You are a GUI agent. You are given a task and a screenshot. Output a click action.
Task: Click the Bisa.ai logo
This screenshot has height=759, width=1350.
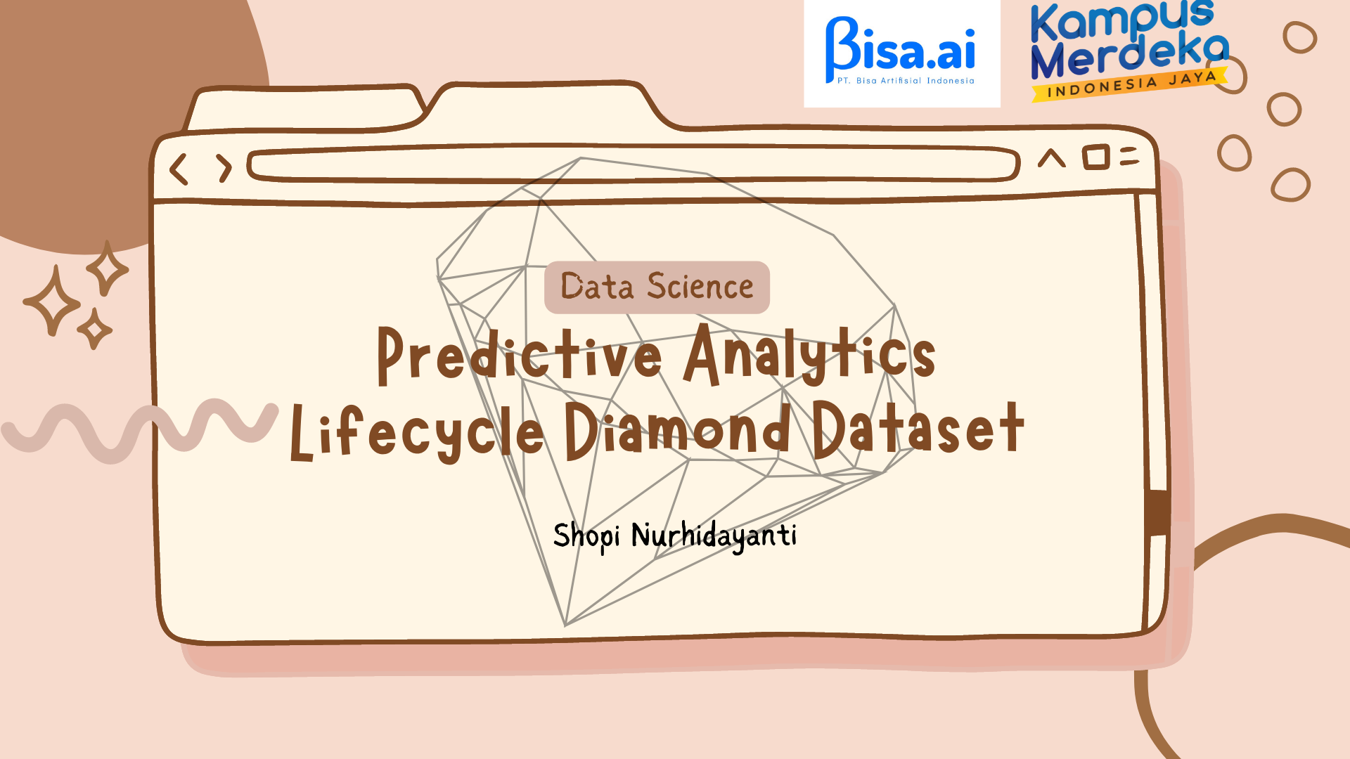[x=901, y=53]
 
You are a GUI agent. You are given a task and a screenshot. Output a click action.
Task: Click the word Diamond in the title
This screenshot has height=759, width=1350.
[x=678, y=429]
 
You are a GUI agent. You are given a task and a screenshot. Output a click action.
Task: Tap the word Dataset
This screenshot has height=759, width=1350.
[x=918, y=428]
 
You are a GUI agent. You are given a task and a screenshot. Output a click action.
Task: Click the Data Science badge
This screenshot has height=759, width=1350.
[x=657, y=287]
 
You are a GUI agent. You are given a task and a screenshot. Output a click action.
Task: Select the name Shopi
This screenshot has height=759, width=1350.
[x=586, y=537]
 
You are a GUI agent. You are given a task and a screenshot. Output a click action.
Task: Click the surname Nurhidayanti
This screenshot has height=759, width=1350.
[x=714, y=536]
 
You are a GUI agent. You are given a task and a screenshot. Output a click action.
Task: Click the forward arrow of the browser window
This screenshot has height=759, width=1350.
[x=224, y=169]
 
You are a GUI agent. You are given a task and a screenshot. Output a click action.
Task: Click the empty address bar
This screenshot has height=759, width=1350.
[x=633, y=164]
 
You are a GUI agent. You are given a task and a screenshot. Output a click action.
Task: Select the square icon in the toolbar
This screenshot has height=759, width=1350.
[x=1095, y=157]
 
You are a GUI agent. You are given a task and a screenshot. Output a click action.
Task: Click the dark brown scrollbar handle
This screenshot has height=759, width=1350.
[x=1157, y=512]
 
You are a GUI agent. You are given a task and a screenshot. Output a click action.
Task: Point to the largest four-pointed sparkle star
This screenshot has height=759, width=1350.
[x=53, y=300]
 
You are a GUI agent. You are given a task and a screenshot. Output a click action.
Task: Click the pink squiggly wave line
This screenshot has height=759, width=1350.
[x=141, y=429]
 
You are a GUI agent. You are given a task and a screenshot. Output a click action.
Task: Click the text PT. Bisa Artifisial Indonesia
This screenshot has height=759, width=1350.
[x=906, y=81]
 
